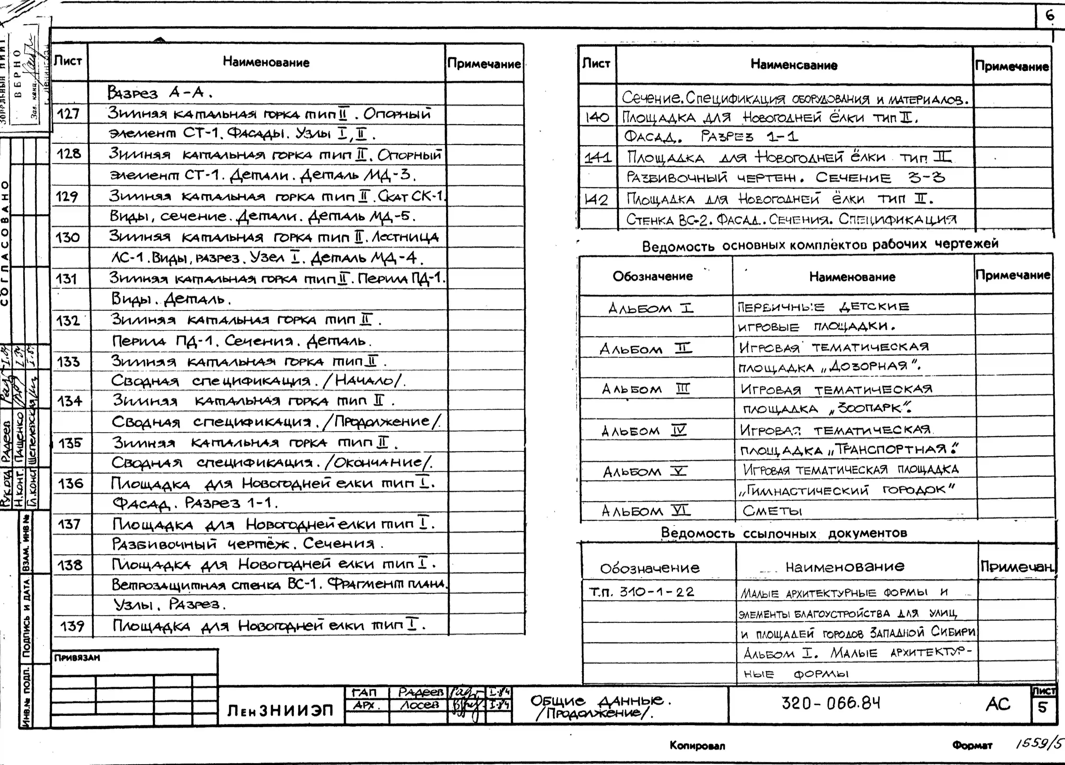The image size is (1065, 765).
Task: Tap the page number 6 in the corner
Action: coord(1049,16)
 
